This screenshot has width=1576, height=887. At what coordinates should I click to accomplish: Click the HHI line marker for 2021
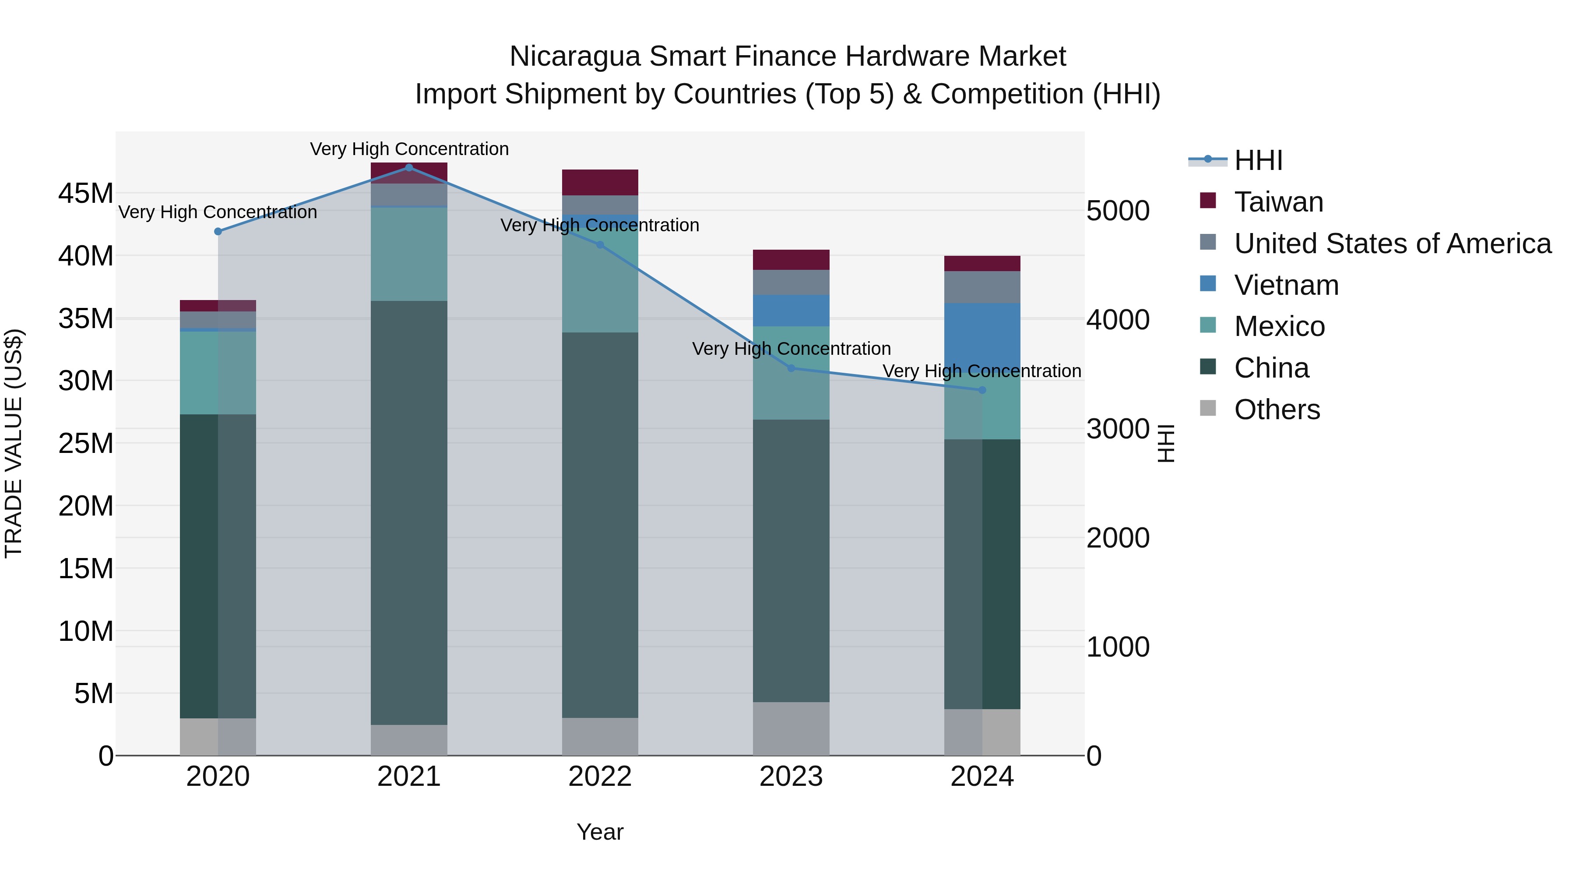(409, 168)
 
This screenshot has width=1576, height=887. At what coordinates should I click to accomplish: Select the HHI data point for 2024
(982, 390)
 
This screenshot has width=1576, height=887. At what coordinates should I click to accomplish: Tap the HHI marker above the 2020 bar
(218, 231)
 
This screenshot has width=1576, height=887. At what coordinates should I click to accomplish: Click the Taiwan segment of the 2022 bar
(600, 182)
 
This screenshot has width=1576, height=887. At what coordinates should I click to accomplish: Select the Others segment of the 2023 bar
(791, 728)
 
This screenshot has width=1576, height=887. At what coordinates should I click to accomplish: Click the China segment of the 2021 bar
(409, 512)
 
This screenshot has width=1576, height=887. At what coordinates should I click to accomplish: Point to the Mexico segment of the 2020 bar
(218, 373)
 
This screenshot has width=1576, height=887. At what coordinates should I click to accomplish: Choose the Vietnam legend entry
(1286, 285)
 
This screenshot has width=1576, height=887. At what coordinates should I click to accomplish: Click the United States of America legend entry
(1393, 244)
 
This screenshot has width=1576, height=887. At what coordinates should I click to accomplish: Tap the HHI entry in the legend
(1258, 160)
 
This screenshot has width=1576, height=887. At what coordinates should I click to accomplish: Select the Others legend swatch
(1208, 408)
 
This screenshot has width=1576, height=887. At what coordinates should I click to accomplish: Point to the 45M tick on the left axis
(86, 194)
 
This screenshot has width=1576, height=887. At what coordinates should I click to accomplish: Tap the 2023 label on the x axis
(791, 777)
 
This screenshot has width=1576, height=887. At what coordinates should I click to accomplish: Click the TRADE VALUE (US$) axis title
(14, 443)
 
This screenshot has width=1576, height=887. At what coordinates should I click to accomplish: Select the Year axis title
(600, 832)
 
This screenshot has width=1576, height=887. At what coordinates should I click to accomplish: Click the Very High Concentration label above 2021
(409, 149)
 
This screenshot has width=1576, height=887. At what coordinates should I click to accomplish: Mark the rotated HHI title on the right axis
(1167, 443)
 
